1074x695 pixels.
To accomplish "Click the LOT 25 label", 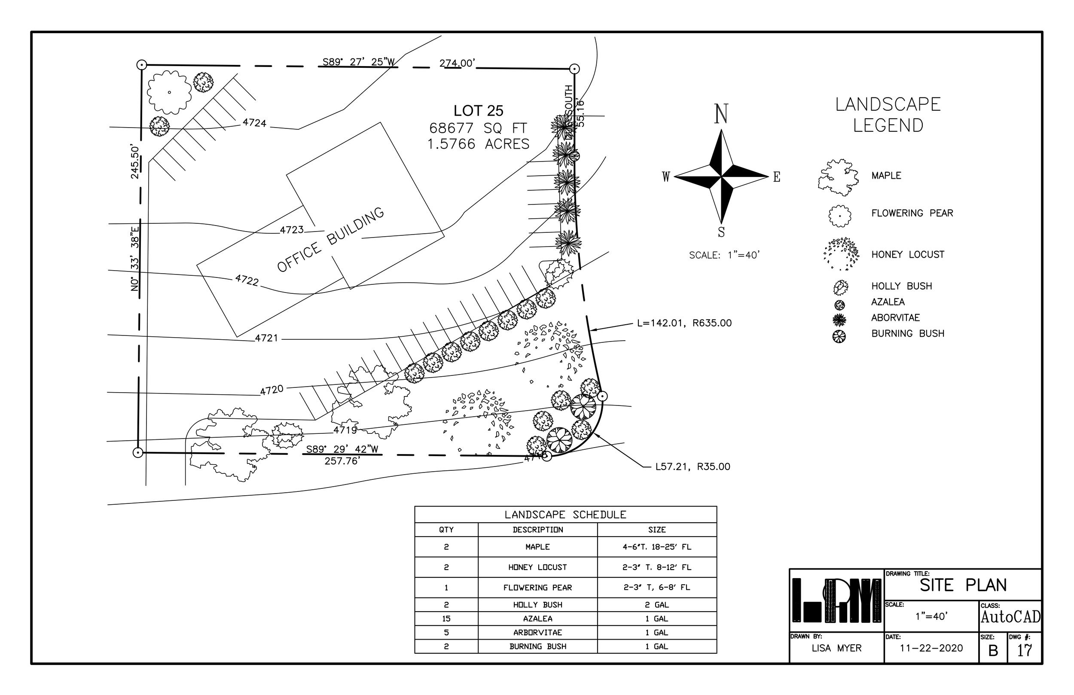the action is pyautogui.click(x=478, y=111).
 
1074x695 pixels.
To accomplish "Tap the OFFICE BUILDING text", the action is pyautogui.click(x=331, y=240).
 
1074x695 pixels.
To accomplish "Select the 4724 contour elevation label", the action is pyautogui.click(x=254, y=123).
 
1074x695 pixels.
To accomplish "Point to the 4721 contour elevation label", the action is pyautogui.click(x=267, y=338).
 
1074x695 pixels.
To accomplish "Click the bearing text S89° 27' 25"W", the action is pyautogui.click(x=359, y=62).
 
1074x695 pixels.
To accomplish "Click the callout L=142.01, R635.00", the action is pyautogui.click(x=684, y=323).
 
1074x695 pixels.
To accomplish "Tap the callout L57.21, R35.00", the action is pyautogui.click(x=692, y=466).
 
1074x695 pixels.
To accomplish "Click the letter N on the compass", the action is pyautogui.click(x=721, y=114).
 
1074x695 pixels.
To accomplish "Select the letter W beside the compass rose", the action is pyautogui.click(x=666, y=177).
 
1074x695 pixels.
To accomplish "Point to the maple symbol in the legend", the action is pyautogui.click(x=838, y=177).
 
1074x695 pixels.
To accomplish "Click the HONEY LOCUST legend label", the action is pyautogui.click(x=907, y=255).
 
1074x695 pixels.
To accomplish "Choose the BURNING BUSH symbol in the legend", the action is pyautogui.click(x=839, y=337).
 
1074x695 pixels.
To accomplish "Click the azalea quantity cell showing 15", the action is pyautogui.click(x=446, y=619).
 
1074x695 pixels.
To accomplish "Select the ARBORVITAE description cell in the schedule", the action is pyautogui.click(x=537, y=633).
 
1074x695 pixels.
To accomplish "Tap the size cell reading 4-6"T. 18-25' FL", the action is pyautogui.click(x=656, y=547).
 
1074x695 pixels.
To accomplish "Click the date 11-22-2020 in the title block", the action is pyautogui.click(x=931, y=648).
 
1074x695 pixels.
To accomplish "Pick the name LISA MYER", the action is pyautogui.click(x=836, y=648).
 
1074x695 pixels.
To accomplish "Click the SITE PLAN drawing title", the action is pyautogui.click(x=963, y=585).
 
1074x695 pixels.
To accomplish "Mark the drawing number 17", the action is pyautogui.click(x=1024, y=650).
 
